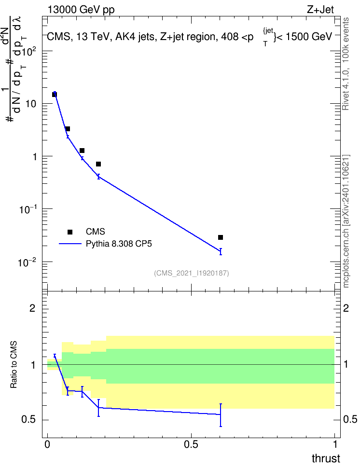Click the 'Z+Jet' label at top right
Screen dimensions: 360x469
pos(320,10)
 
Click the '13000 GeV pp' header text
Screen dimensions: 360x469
pos(81,10)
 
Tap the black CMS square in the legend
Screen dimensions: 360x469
pos(70,232)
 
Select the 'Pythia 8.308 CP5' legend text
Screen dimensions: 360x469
pos(119,244)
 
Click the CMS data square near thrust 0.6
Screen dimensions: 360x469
pos(221,237)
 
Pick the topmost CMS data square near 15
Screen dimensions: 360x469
pos(55,95)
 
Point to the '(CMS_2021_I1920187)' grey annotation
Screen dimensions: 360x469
pos(192,273)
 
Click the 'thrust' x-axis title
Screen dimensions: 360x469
pos(326,458)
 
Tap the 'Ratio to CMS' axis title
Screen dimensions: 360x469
pos(14,365)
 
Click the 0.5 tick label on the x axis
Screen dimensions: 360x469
pos(191,444)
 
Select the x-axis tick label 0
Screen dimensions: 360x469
pos(47,444)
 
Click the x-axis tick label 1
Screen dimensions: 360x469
pos(335,444)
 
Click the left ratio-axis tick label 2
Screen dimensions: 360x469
pos(32,308)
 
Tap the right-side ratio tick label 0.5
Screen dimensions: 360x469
pos(350,420)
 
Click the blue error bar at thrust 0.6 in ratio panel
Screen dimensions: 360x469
pos(221,415)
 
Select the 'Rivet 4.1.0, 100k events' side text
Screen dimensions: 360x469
pos(346,64)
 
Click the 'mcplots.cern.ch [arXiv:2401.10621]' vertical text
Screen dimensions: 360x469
pos(346,221)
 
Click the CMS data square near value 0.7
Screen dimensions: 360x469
pos(98,164)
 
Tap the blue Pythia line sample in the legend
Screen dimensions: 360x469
pos(70,244)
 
